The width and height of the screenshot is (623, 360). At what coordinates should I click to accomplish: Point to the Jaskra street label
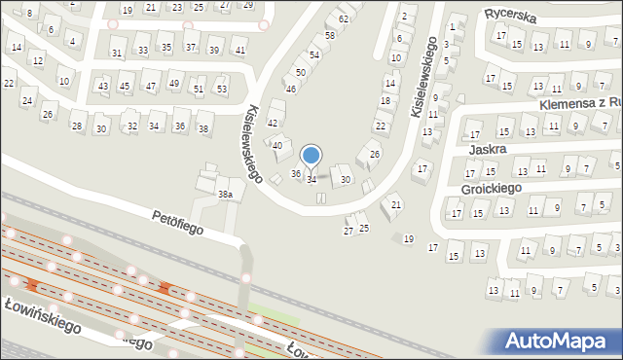tap(487, 151)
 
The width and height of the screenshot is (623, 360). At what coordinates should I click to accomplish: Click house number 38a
tap(224, 195)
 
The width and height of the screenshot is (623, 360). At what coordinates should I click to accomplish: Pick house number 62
tap(343, 18)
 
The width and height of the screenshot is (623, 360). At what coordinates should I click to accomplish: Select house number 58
tap(330, 35)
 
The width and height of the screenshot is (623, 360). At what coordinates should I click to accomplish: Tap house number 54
tap(313, 55)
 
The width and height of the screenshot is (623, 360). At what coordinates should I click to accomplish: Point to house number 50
tap(302, 72)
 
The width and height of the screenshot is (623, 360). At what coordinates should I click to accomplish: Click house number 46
tap(290, 89)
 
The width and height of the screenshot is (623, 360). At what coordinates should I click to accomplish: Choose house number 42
tap(273, 123)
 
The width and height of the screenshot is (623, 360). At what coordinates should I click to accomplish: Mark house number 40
tap(277, 145)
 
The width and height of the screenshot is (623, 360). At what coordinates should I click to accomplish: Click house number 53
tap(221, 89)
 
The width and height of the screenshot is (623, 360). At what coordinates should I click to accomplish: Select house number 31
tap(117, 53)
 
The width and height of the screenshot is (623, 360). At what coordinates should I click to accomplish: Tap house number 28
tap(76, 126)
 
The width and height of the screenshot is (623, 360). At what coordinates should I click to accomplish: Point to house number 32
tap(131, 126)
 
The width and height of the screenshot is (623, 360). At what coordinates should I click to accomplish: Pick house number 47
tap(150, 87)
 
